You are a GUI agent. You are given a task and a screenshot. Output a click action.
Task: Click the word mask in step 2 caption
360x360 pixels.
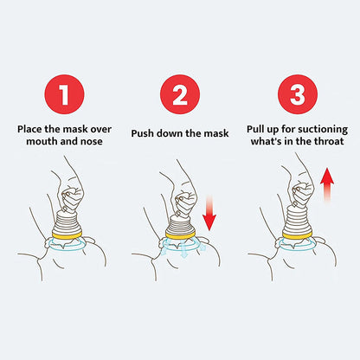[215, 134]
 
